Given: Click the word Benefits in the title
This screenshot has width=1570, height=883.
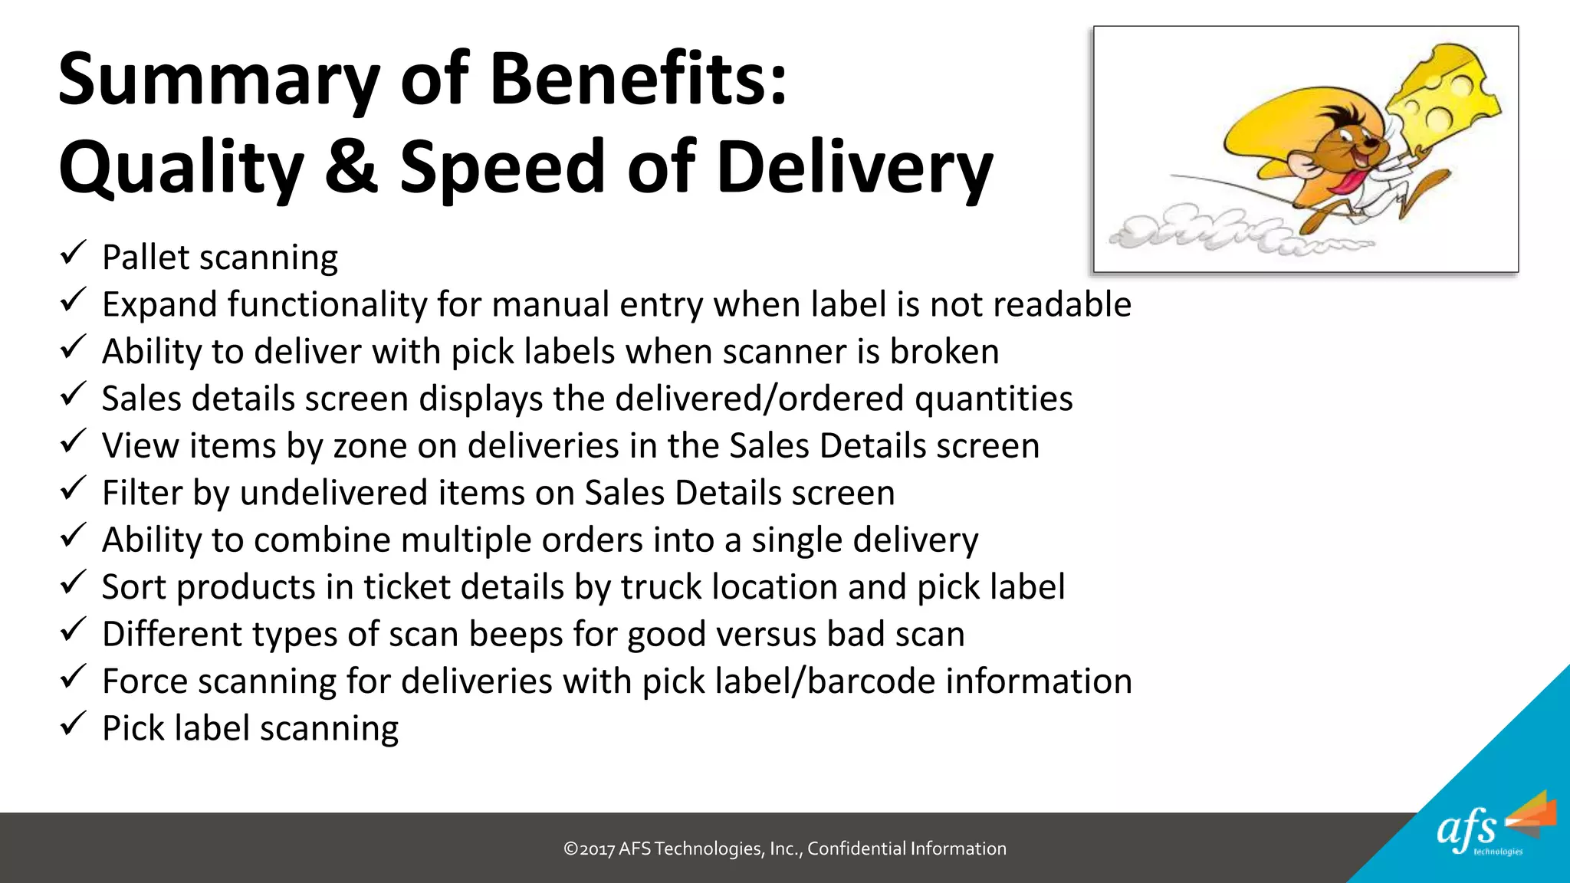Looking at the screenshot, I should point(638,79).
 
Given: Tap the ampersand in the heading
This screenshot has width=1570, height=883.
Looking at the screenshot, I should point(351,167).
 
